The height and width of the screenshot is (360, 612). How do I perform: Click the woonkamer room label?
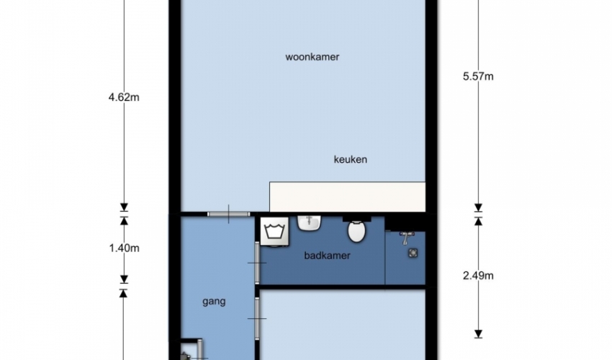(x=312, y=57)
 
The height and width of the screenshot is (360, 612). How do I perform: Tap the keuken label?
(x=350, y=159)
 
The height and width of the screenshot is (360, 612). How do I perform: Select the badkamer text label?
(x=327, y=256)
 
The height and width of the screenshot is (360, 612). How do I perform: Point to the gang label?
(x=214, y=302)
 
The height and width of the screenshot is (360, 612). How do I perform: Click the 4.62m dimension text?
(x=124, y=97)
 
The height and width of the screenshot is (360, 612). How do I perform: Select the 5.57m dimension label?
(x=478, y=76)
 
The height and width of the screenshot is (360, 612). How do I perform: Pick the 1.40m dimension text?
(x=124, y=248)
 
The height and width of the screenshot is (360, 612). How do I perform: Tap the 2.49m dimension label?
(x=478, y=276)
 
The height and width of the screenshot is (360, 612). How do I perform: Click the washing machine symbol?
(x=275, y=232)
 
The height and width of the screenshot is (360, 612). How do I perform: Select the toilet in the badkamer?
(x=356, y=231)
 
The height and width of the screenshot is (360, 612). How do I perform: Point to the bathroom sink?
(x=309, y=223)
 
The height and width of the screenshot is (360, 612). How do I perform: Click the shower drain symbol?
(x=413, y=253)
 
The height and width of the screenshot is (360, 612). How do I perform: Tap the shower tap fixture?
(x=406, y=238)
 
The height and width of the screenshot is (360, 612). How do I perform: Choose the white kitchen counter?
(x=347, y=197)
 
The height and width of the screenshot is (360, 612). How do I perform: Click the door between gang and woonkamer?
(x=229, y=214)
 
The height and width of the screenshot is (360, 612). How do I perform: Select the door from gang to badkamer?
(x=257, y=263)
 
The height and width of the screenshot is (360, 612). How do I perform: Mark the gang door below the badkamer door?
(x=257, y=318)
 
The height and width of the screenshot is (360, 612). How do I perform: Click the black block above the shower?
(x=405, y=223)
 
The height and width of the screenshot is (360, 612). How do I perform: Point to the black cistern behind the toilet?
(x=356, y=219)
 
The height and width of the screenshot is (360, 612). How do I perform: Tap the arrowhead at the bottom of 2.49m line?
(x=478, y=334)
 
